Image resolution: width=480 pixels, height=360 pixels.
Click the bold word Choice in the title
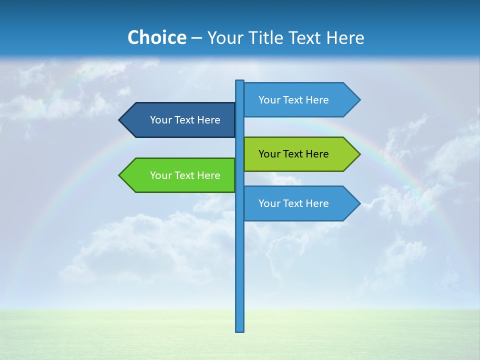point(156,37)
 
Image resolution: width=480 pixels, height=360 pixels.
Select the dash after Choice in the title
point(196,38)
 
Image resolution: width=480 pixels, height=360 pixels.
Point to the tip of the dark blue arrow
point(120,120)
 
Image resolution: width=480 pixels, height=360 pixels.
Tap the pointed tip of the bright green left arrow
point(120,175)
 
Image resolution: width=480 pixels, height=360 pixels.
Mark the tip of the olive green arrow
point(359,154)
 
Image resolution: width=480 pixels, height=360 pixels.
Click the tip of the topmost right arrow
point(359,100)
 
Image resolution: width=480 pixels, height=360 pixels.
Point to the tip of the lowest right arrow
point(359,203)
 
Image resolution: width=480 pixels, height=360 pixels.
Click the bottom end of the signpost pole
point(240,330)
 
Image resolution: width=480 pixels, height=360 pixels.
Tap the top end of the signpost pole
point(240,81)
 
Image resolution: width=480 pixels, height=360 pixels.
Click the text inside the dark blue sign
point(185,120)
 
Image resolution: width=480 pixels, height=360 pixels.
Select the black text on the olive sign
point(293,154)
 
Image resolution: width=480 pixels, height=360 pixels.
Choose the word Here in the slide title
point(345,37)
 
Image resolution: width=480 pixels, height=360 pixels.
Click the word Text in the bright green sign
point(185,175)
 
